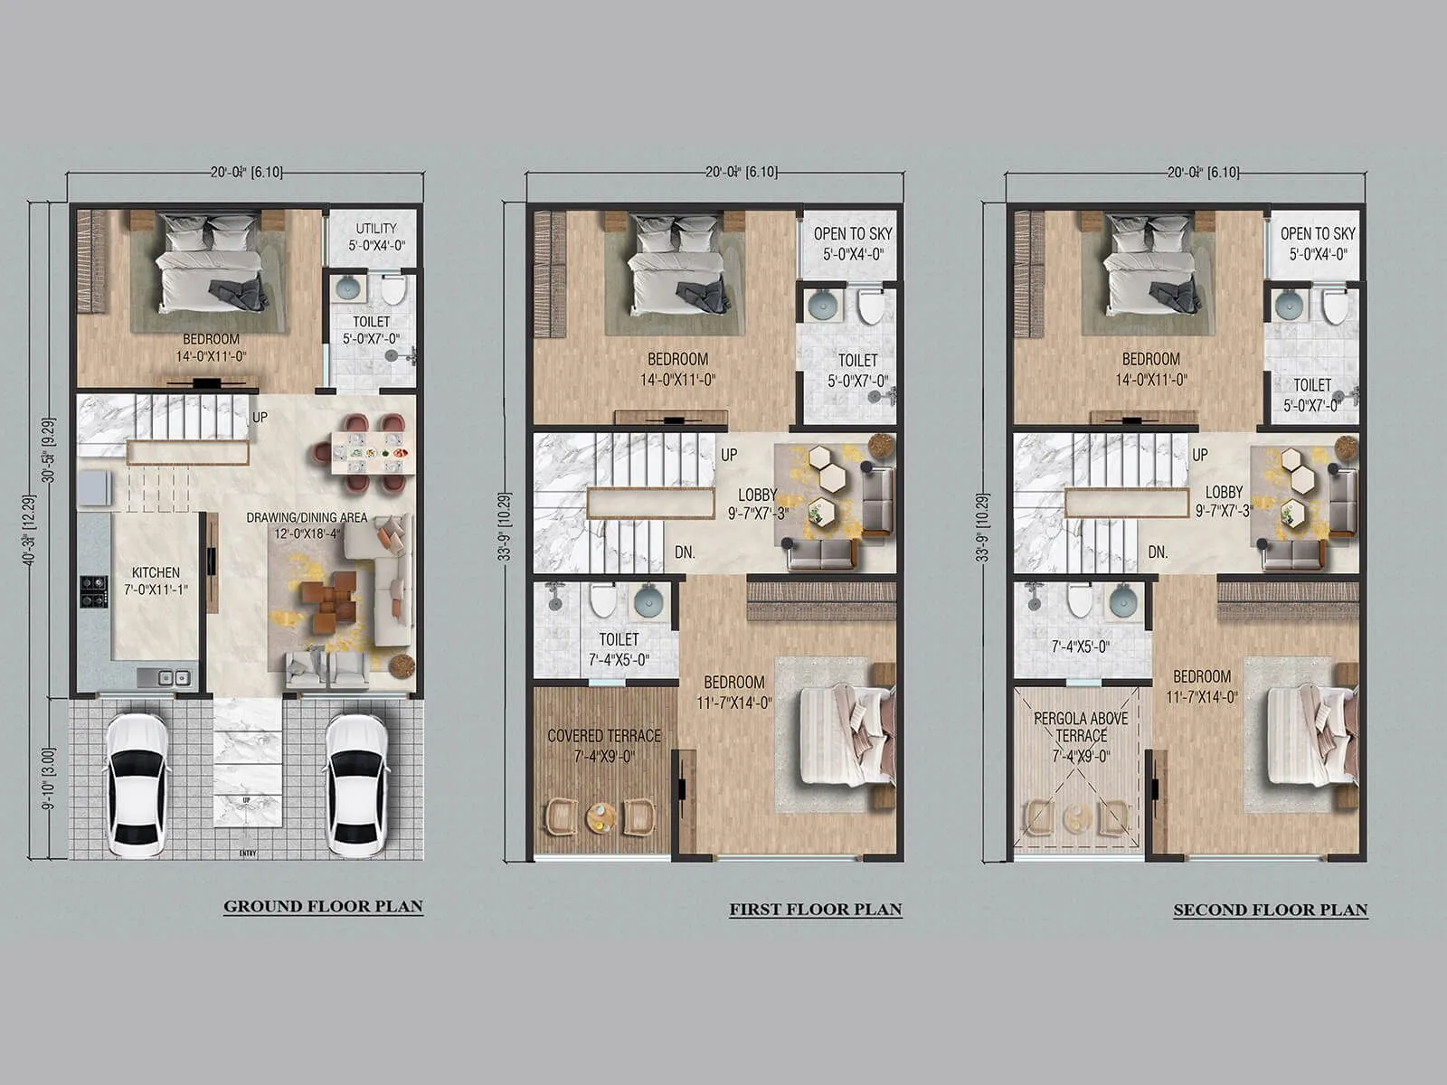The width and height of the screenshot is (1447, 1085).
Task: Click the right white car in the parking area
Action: pos(357,785)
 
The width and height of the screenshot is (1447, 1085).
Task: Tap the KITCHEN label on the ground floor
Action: pos(156,580)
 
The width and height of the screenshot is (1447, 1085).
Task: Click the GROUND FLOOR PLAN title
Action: pos(323,906)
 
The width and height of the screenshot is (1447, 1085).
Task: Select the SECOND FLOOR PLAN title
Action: pos(1270,910)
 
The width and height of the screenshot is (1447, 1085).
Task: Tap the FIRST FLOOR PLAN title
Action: pos(815,910)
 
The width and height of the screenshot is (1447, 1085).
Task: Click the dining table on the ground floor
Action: pos(373,452)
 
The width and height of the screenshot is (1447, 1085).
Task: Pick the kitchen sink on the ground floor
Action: pos(169,676)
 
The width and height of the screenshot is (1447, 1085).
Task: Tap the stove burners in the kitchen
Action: pos(93,591)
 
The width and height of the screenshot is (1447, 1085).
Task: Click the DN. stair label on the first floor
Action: pos(685,552)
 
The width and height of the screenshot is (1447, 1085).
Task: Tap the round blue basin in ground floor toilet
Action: pos(347,288)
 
